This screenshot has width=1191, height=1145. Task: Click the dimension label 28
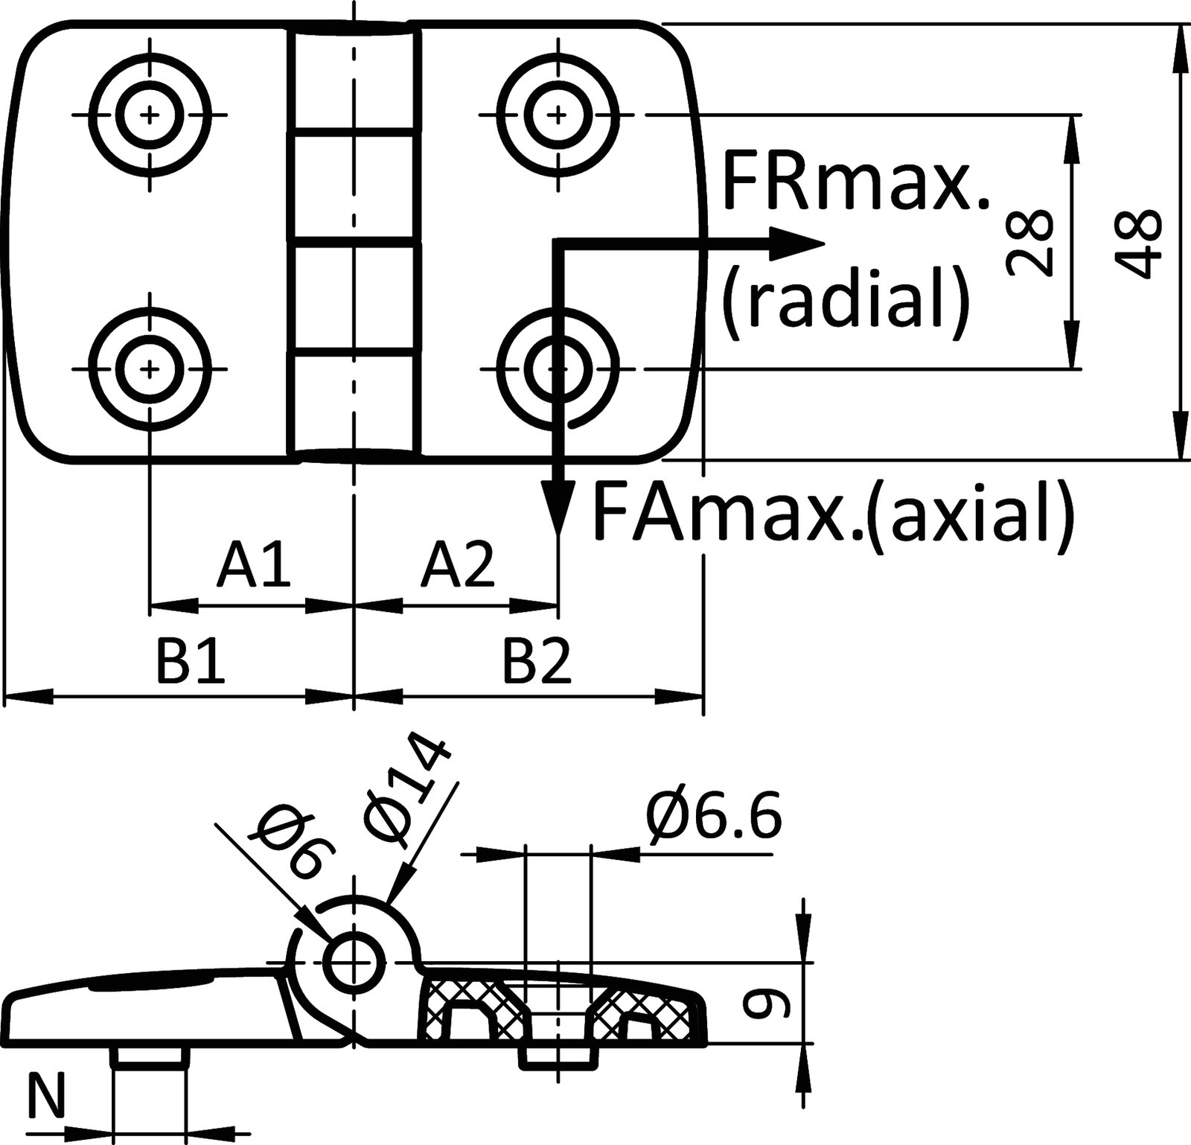pos(1029,243)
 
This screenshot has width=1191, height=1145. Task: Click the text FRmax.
pos(856,183)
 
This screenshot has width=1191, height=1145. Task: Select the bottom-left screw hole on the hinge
pos(150,369)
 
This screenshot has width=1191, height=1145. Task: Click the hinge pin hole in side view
pos(356,962)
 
